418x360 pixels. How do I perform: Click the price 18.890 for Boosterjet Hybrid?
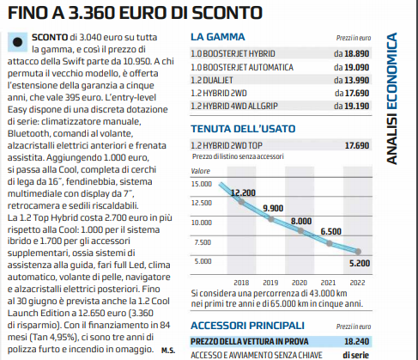point(357,53)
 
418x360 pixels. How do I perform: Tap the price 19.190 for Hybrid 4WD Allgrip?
point(357,106)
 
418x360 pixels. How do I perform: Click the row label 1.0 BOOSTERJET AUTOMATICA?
point(242,67)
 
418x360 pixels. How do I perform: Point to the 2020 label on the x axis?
point(300,283)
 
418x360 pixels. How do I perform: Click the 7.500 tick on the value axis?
point(203,242)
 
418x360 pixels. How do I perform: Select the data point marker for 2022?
point(358,252)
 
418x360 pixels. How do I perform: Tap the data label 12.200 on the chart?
point(243,192)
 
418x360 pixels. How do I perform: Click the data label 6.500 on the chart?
point(330,231)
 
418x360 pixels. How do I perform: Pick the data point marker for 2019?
point(271,219)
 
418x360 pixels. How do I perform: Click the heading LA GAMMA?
point(218,37)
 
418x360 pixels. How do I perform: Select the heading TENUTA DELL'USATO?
point(243,129)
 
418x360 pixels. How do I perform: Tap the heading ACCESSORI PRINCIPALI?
point(247,326)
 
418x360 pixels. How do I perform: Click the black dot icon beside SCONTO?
point(18,42)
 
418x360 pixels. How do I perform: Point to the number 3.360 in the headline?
point(92,13)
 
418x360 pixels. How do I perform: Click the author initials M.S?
point(168,351)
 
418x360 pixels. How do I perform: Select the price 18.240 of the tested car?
point(357,341)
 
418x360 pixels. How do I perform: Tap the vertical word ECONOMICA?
point(391,71)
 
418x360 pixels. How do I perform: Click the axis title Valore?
point(200,171)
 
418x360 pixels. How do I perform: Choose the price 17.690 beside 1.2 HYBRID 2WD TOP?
point(357,145)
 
